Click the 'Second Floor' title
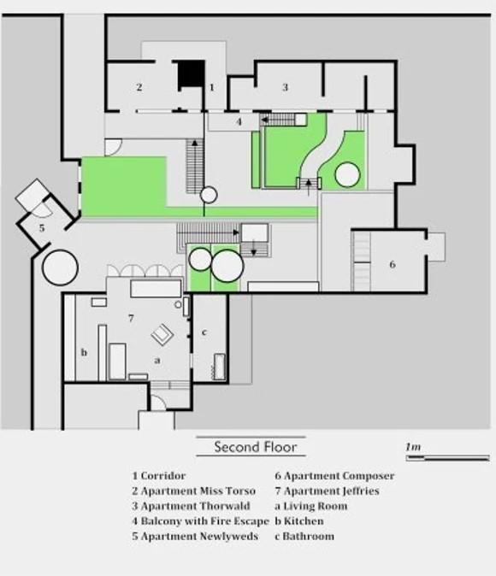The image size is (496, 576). (255, 447)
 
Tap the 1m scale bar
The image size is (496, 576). (447, 458)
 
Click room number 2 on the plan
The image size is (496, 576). (139, 87)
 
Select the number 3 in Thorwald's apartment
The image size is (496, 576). (285, 87)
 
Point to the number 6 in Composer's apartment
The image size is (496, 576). (393, 264)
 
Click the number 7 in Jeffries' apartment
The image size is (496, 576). (131, 318)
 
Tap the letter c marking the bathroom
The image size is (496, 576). (204, 332)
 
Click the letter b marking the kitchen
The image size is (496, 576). (84, 352)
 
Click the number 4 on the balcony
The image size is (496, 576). (239, 121)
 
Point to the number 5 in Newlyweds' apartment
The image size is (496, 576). (42, 228)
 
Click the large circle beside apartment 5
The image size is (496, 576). (61, 267)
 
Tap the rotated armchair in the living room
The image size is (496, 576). (162, 335)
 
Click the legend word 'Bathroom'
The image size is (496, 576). (309, 536)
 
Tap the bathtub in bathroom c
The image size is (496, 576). (220, 367)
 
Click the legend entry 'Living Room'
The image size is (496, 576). (311, 506)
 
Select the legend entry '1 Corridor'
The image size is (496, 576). (159, 476)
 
